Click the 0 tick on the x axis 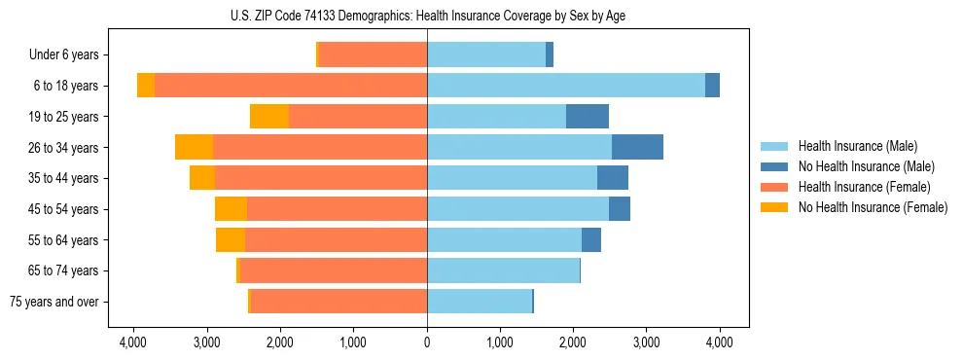pos(427,342)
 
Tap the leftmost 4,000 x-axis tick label pos(133,342)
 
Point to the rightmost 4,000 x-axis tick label pos(719,342)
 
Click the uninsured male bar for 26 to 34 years pos(637,148)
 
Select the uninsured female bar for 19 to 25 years pos(269,117)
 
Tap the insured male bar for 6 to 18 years pos(566,86)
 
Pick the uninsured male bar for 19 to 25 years pos(588,117)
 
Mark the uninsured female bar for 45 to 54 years pos(231,209)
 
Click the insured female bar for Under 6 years pos(373,55)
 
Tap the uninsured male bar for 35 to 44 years pos(613,178)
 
